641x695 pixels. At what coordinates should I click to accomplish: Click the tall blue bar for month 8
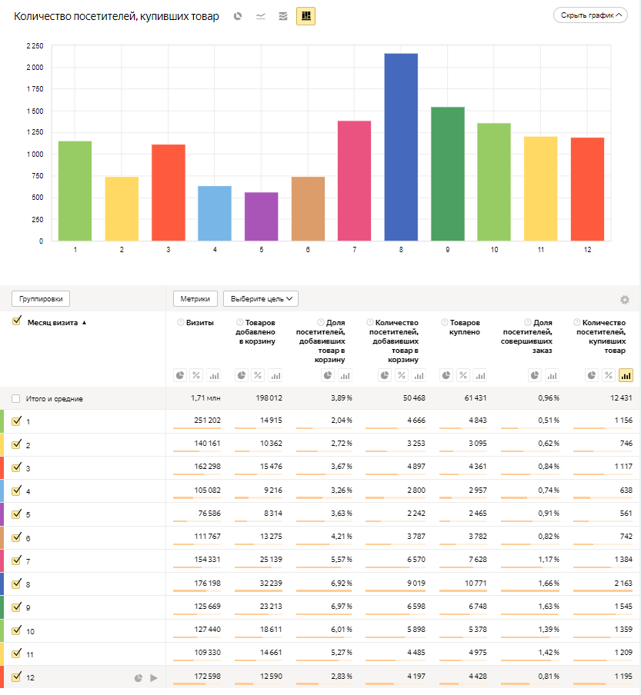(x=401, y=147)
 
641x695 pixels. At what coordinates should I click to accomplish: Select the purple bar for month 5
(x=261, y=217)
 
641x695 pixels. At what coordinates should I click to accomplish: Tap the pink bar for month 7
(x=354, y=181)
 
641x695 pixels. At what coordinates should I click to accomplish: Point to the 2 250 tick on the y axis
(x=34, y=46)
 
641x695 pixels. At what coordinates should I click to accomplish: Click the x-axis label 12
(x=588, y=250)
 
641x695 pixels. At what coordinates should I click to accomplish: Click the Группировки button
(x=42, y=298)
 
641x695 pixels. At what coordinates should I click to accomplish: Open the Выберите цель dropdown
(x=260, y=298)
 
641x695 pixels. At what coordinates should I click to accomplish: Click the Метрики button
(x=195, y=298)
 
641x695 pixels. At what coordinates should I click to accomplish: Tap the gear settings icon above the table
(x=625, y=300)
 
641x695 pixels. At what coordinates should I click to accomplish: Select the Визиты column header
(x=200, y=323)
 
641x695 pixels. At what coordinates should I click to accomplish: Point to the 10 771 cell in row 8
(x=465, y=584)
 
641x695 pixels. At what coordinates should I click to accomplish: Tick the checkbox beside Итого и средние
(x=16, y=398)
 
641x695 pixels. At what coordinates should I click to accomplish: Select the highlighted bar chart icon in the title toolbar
(x=305, y=15)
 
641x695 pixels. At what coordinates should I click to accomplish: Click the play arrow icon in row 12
(x=154, y=678)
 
